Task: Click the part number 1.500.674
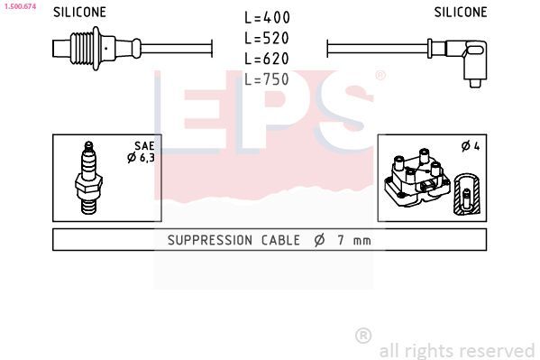pyautogui.click(x=20, y=6)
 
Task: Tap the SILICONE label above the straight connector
pyautogui.click(x=79, y=13)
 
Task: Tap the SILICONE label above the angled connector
pyautogui.click(x=461, y=13)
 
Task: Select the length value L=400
pyautogui.click(x=267, y=17)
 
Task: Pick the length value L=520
pyautogui.click(x=267, y=38)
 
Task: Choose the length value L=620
pyautogui.click(x=267, y=59)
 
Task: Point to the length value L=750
pyautogui.click(x=267, y=79)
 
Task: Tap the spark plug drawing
pyautogui.click(x=88, y=178)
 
